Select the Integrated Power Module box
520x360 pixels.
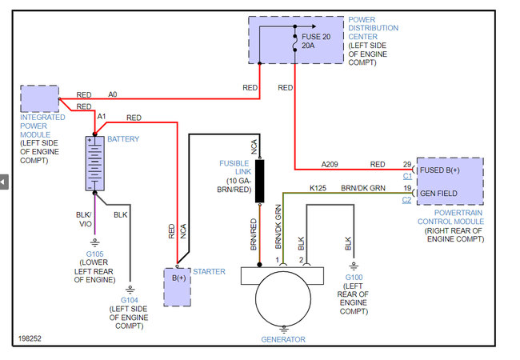[x=38, y=98]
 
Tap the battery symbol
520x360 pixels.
[x=95, y=163]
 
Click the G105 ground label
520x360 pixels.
[x=95, y=255]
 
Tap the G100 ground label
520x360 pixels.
[x=353, y=278]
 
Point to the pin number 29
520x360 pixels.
[x=406, y=163]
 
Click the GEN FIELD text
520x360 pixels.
[x=438, y=193]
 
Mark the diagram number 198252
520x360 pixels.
[x=30, y=339]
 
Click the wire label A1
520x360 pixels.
[x=102, y=117]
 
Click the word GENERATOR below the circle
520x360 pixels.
[x=283, y=339]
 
